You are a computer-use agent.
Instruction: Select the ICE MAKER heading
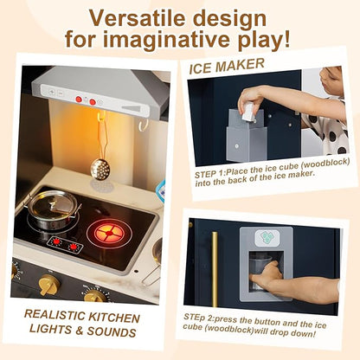pos(227,66)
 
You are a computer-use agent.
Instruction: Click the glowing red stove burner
pos(109,234)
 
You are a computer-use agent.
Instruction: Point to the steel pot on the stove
pos(54,209)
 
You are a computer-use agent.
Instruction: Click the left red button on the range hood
pos(79,100)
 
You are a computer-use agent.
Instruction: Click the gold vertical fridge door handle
pos(215,269)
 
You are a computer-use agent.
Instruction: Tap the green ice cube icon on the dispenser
pos(267,237)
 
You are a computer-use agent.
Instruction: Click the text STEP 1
pos(209,174)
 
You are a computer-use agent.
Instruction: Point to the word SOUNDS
pos(112,331)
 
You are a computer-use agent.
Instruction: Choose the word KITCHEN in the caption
pos(114,318)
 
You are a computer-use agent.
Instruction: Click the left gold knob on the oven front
pos(49,285)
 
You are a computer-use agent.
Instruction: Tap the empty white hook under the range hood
pos(144,125)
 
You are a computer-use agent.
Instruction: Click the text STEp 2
pos(197,318)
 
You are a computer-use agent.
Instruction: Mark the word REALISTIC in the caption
pos(55,315)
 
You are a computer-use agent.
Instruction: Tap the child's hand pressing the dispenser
pos(266,276)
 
